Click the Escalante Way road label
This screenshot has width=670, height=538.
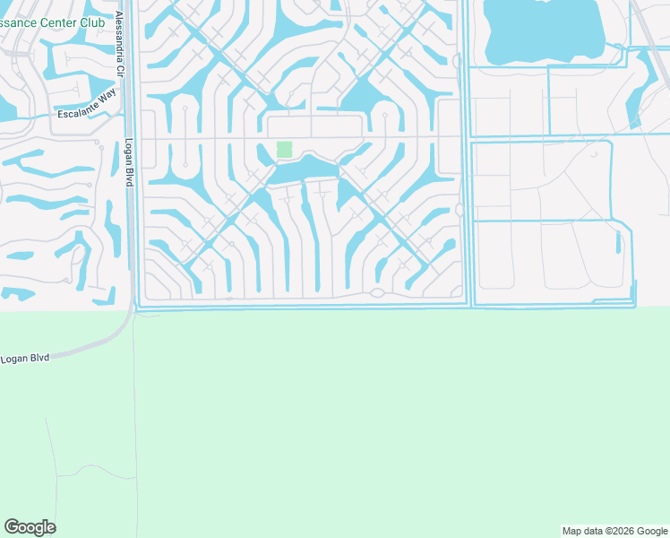coord(87,113)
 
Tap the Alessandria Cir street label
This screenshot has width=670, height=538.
coord(119,42)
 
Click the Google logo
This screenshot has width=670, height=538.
coord(30,527)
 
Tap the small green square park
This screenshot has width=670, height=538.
coord(285,149)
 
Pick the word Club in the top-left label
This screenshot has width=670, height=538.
coord(99,22)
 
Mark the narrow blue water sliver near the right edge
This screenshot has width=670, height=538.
coord(618,241)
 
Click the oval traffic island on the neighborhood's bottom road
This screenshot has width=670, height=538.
coord(377,292)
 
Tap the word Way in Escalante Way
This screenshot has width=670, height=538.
coord(108,108)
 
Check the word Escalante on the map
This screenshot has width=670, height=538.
coord(76,115)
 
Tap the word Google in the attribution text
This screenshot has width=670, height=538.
coord(649,531)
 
